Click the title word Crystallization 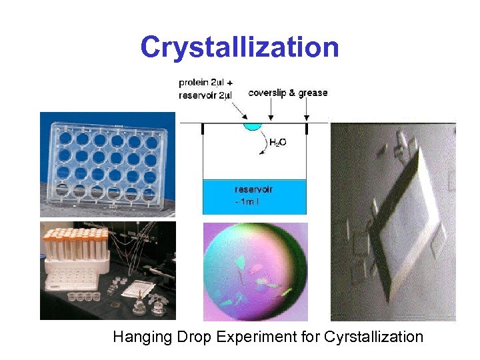(x=239, y=47)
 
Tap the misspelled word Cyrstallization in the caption (x=373, y=337)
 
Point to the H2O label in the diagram (x=278, y=142)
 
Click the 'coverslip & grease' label (x=287, y=93)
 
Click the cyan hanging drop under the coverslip (x=254, y=127)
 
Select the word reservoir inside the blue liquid (x=254, y=189)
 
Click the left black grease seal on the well (x=203, y=129)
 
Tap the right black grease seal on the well (x=305, y=129)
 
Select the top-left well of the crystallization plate (x=65, y=139)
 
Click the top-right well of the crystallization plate (x=152, y=141)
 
